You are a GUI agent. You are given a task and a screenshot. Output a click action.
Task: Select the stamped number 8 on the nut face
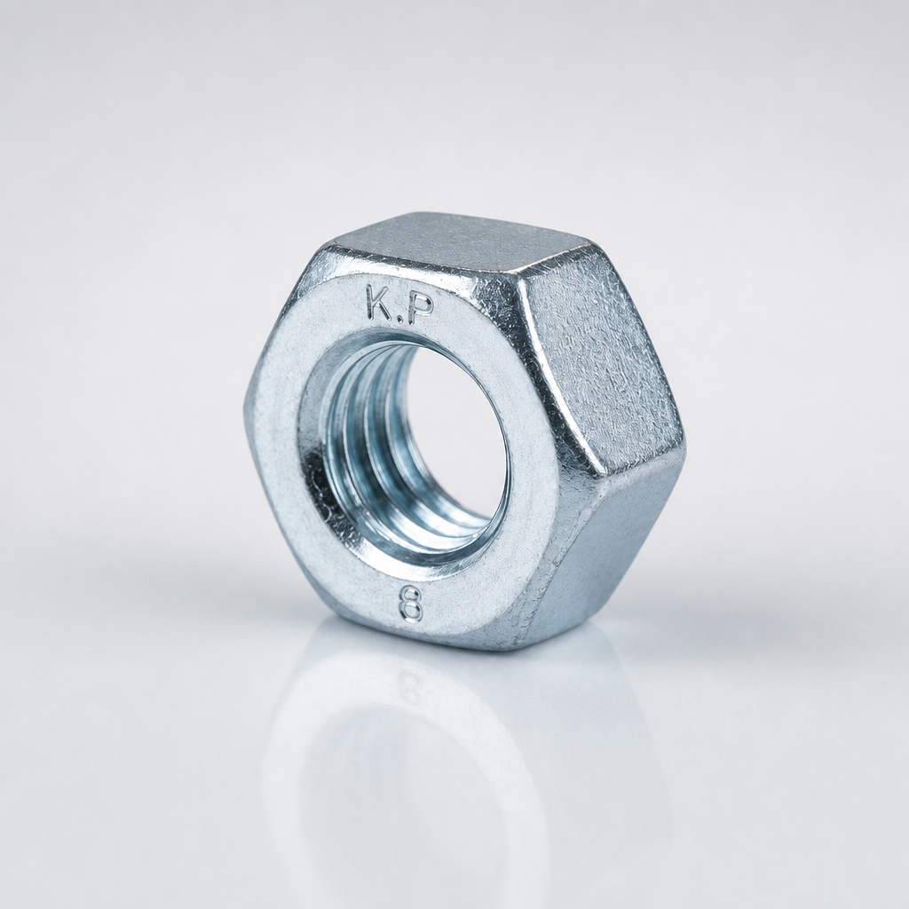[x=410, y=605]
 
